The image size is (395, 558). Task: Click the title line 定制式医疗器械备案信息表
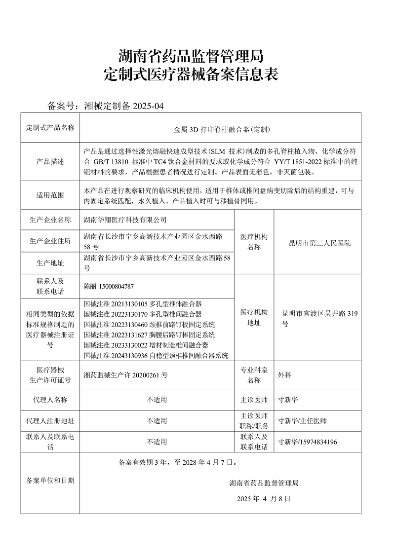[x=192, y=74]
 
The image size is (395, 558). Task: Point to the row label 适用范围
[x=50, y=195]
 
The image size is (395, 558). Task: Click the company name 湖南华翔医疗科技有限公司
[x=126, y=220]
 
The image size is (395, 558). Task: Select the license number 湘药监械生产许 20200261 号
[x=126, y=375]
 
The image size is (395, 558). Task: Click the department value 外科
[x=285, y=375]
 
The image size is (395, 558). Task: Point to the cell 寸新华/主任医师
[x=302, y=421]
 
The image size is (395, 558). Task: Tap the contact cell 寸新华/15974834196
[x=308, y=442]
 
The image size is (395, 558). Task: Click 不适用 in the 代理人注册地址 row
[x=157, y=421]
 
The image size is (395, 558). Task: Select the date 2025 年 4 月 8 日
[x=264, y=498]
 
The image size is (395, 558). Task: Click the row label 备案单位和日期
[x=50, y=480]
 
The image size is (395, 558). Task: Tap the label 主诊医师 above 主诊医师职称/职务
[x=254, y=400]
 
